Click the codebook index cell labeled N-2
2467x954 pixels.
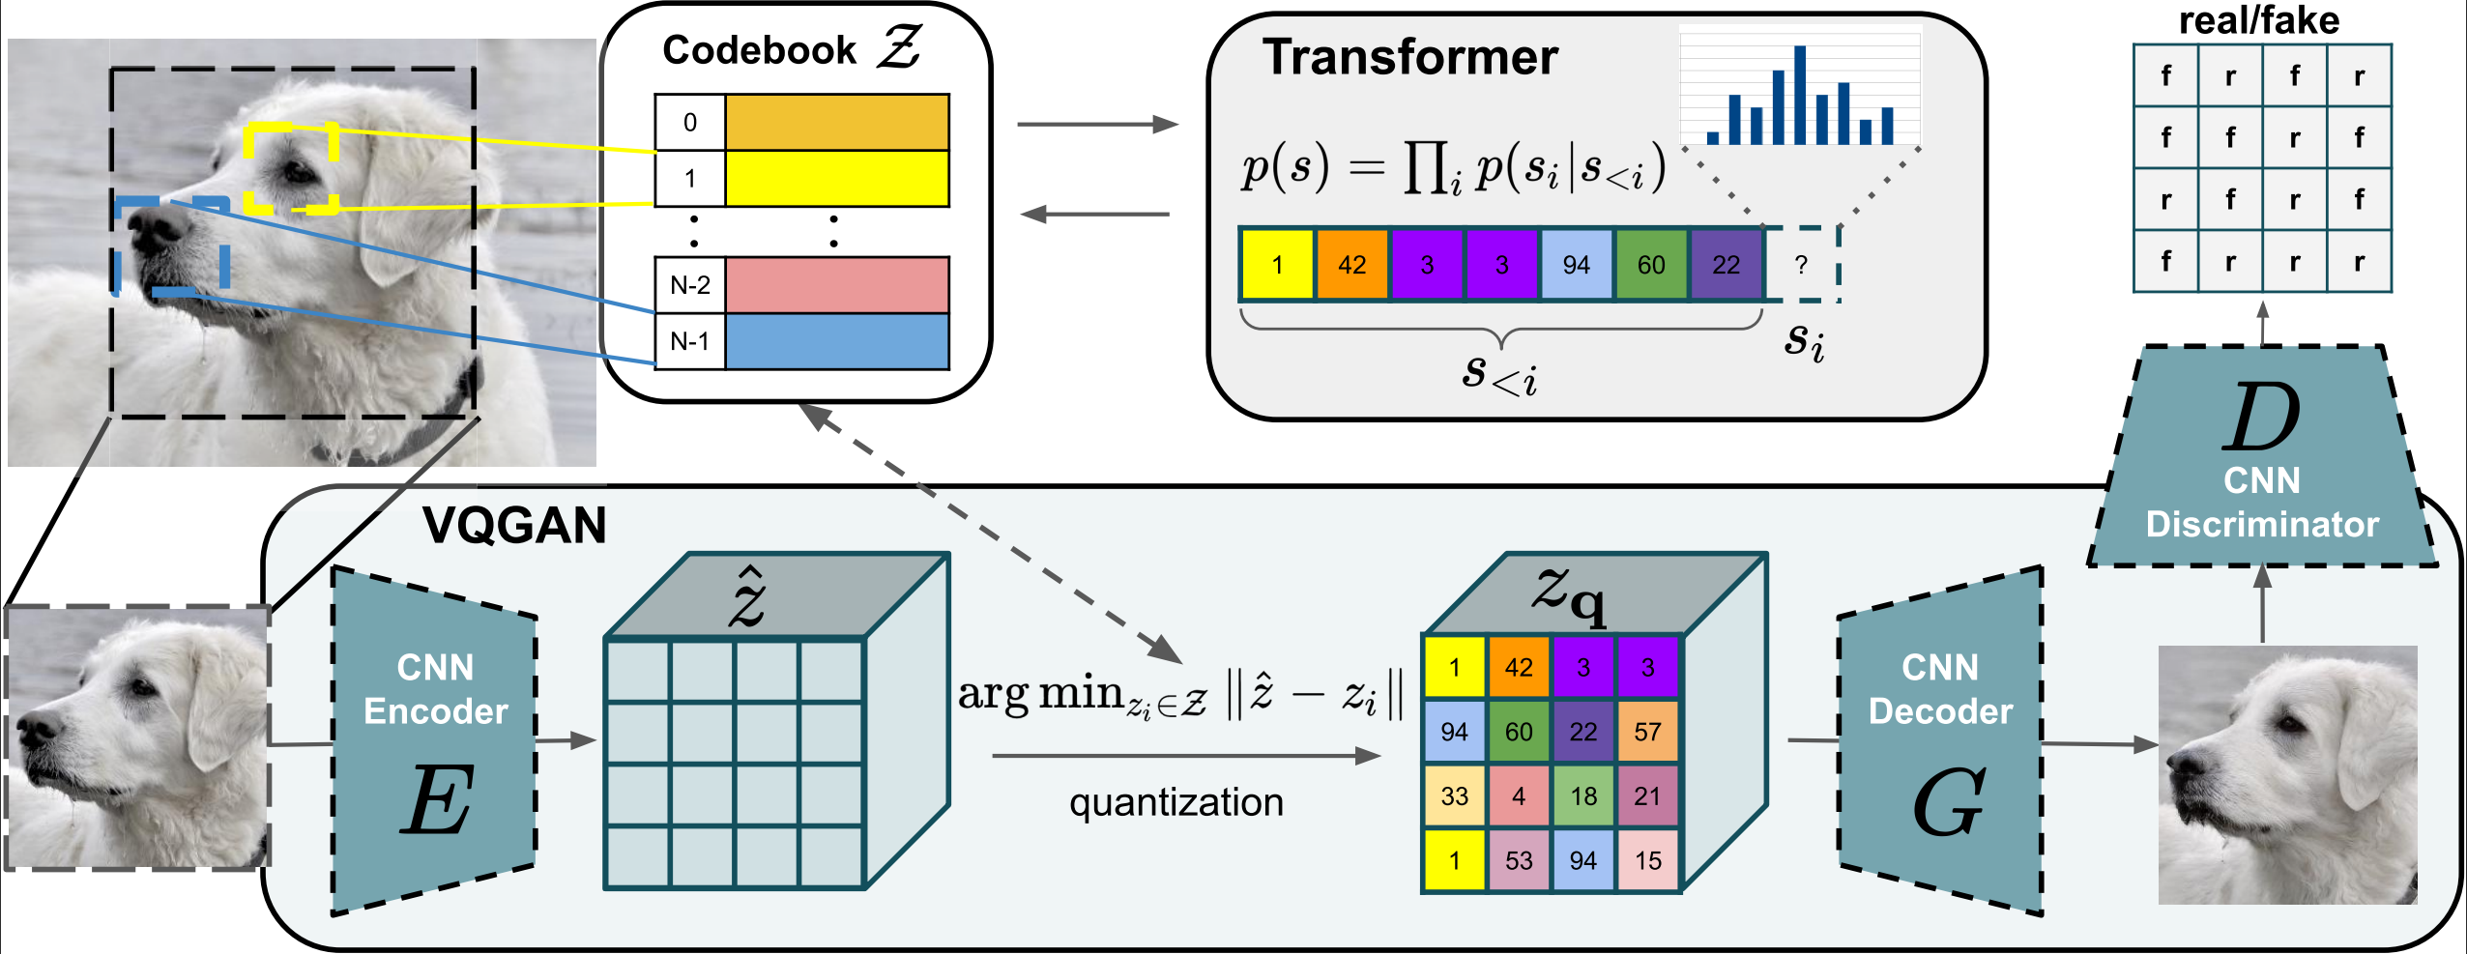[x=689, y=285]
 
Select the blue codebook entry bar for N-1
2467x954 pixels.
[x=836, y=341]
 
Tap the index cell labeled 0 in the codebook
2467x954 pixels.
[x=689, y=123]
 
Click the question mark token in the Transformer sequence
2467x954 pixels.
[x=1801, y=265]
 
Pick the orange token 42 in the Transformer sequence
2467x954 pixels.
[x=1351, y=265]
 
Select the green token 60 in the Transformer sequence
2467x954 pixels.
[x=1651, y=265]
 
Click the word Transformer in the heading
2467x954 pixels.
[x=1409, y=57]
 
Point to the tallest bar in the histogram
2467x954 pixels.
[x=1800, y=95]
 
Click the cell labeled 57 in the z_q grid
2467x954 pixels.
[x=1647, y=732]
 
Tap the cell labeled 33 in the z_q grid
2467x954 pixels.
[x=1454, y=796]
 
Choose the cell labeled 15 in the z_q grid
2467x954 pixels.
[x=1647, y=860]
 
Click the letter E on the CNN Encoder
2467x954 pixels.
[x=437, y=800]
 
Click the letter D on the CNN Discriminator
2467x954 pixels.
[x=2261, y=418]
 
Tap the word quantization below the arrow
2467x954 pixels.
[x=1175, y=802]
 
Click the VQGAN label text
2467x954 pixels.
[x=514, y=526]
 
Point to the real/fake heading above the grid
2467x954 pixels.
[x=2258, y=20]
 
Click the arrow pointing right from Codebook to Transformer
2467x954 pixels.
[x=1097, y=124]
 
